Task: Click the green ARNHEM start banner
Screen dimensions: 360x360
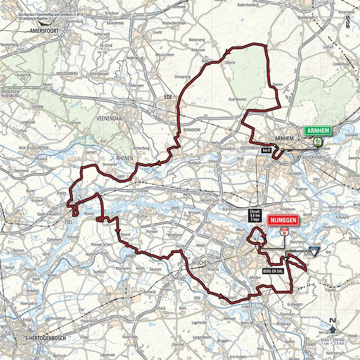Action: (x=317, y=130)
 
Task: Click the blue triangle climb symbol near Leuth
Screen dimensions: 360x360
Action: (x=316, y=254)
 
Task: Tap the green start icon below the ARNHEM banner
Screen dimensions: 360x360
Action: (x=317, y=141)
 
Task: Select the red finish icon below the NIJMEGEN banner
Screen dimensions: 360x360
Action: (x=284, y=231)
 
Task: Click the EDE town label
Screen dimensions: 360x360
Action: (x=168, y=96)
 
